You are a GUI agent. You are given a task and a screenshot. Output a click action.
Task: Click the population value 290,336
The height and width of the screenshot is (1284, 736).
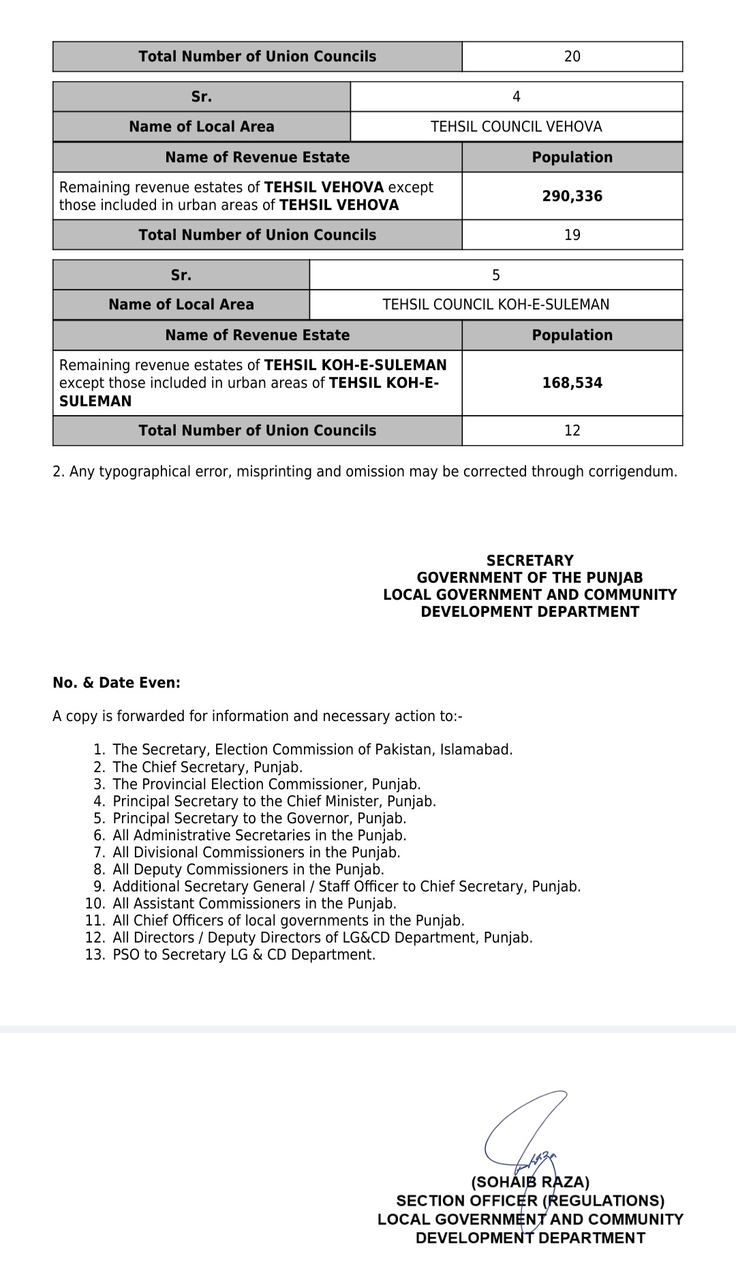coord(572,196)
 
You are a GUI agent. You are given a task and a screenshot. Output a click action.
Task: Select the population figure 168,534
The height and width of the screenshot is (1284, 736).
coord(572,383)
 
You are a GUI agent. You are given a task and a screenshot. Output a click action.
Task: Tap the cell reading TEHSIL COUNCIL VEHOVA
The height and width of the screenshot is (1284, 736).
coord(516,127)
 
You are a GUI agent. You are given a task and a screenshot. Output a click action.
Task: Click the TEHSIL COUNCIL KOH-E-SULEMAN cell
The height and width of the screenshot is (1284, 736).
coord(495,305)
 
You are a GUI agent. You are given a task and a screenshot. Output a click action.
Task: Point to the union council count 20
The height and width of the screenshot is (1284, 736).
coord(572,57)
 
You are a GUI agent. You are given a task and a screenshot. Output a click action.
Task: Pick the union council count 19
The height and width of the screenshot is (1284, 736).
coord(572,235)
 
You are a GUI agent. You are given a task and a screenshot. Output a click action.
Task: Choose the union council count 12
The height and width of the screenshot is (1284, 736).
coord(572,431)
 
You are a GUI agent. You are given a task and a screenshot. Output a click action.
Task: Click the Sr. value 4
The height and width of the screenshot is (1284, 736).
coord(516,97)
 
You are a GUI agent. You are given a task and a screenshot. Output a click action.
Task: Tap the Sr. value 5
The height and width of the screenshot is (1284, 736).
coord(495,275)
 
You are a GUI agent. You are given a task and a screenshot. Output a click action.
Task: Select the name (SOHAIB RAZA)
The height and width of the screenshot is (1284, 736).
coord(530,1182)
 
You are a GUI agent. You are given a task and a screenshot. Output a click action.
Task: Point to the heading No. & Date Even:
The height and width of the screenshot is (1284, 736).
coord(117,683)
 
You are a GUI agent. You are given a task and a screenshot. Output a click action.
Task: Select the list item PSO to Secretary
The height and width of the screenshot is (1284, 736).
coord(244,955)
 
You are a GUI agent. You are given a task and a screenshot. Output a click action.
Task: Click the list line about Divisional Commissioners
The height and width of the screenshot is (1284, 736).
coord(256,853)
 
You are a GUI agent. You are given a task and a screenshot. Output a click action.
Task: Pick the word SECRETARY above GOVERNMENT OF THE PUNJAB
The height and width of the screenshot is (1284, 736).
coord(530,561)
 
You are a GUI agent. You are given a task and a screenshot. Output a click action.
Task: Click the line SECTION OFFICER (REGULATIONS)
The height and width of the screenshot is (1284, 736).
coord(530,1201)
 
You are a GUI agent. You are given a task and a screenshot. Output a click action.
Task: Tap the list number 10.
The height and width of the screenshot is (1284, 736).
coord(95,904)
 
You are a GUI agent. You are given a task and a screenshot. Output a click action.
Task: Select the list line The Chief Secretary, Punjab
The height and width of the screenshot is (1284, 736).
coord(207,767)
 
